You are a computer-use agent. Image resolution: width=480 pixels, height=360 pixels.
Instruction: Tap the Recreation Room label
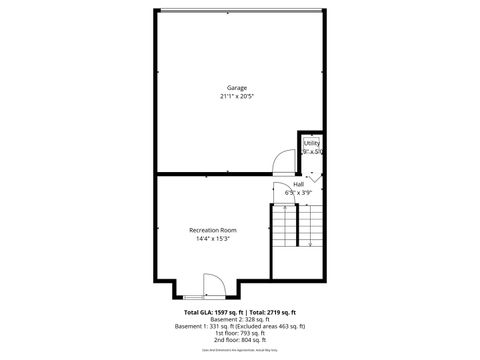213,230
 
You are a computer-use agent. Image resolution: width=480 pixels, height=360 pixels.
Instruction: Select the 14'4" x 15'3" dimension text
213,239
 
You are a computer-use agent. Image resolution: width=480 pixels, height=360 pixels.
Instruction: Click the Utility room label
311,144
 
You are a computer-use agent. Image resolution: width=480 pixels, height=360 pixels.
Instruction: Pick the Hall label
298,184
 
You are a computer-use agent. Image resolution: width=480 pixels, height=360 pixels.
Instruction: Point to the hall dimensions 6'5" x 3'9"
298,192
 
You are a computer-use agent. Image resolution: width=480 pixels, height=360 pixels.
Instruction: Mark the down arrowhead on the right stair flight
311,243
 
